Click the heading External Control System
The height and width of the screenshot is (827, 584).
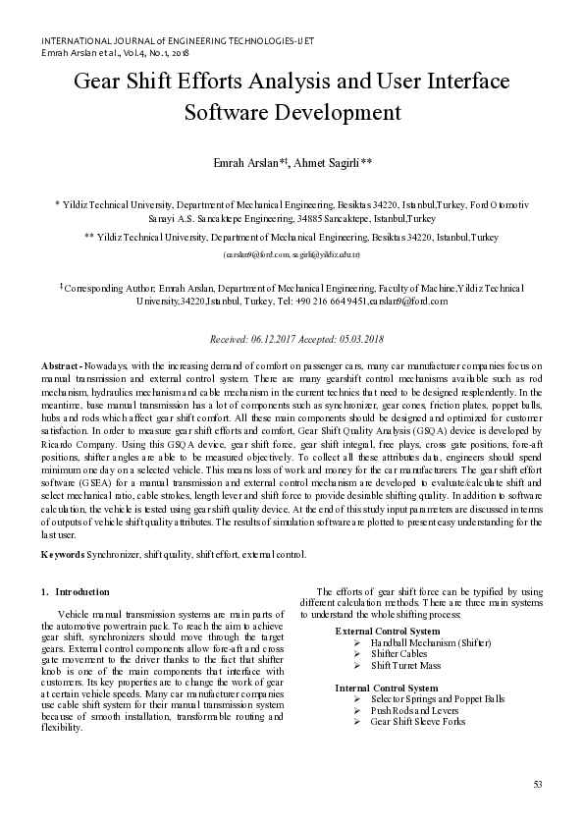point(387,631)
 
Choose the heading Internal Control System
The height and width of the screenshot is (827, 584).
point(386,688)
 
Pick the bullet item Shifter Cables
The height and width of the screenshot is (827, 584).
point(398,653)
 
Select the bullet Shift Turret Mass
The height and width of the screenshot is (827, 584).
point(406,665)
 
